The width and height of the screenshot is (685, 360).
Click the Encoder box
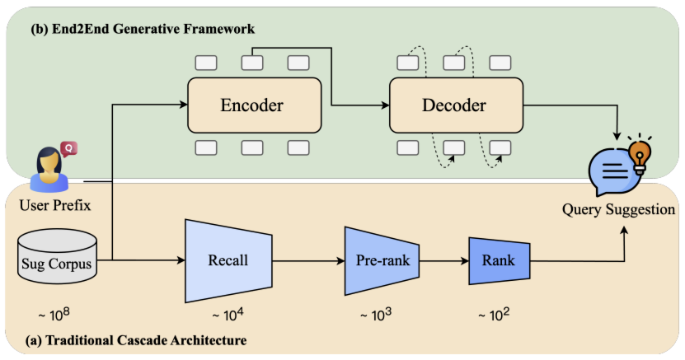[251, 105]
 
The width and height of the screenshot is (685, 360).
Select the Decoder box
[455, 105]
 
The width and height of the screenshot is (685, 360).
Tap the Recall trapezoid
[228, 261]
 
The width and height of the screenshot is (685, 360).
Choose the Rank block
[499, 261]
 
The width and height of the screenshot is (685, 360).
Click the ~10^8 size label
[55, 315]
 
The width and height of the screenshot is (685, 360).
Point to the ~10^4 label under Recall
[228, 315]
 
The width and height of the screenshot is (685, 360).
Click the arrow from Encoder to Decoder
[354, 105]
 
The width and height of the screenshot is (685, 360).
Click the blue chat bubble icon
[612, 170]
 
